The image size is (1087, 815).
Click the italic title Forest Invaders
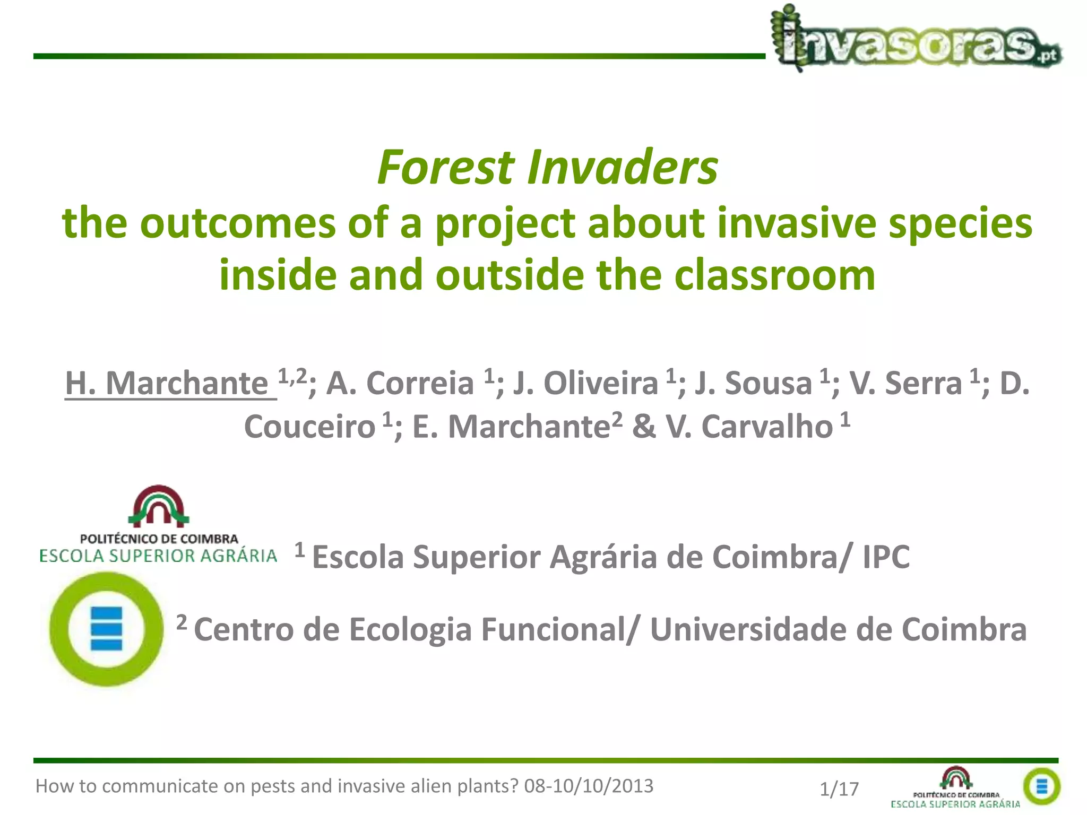click(547, 168)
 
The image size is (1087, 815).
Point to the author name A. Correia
click(400, 383)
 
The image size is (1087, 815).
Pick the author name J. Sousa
click(753, 383)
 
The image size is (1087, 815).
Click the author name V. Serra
click(905, 383)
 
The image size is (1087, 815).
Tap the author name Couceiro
click(309, 427)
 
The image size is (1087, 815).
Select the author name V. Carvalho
click(749, 427)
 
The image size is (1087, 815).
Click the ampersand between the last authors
click(644, 427)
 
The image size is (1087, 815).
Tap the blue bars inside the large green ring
click(106, 629)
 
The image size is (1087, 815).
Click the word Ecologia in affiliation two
click(410, 630)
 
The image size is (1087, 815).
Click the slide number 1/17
click(839, 789)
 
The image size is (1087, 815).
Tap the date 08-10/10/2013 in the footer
click(589, 786)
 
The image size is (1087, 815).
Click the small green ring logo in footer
click(1041, 786)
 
